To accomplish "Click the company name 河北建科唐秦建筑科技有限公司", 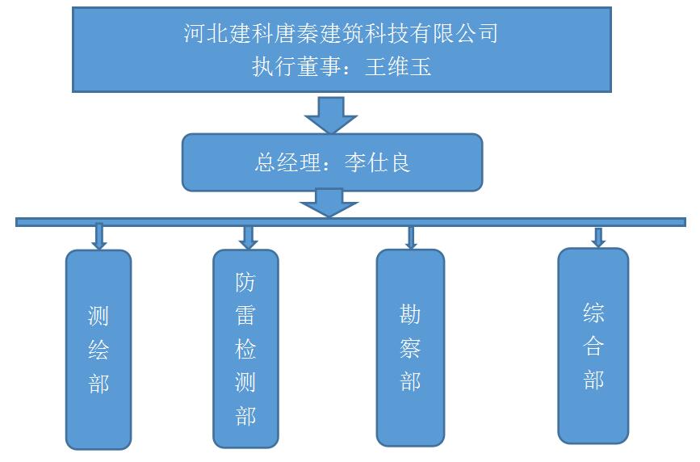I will (340, 34).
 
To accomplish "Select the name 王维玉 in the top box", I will (398, 66).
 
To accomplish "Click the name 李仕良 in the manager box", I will (378, 162).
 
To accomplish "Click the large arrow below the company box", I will (330, 114).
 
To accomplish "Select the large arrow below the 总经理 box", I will (329, 203).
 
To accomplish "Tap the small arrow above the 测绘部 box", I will (99, 236).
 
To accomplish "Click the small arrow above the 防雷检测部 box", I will (248, 236).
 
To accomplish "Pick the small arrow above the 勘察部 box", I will (410, 237).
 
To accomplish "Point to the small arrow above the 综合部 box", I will (598, 237).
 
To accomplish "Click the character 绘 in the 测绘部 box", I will (99, 350).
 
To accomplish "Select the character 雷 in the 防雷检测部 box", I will (245, 316).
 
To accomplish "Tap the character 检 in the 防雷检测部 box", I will (245, 349).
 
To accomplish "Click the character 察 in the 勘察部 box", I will (410, 347).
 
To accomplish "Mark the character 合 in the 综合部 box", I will (593, 346).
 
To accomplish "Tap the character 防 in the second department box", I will (245, 283).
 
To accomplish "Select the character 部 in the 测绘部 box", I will (99, 383).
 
